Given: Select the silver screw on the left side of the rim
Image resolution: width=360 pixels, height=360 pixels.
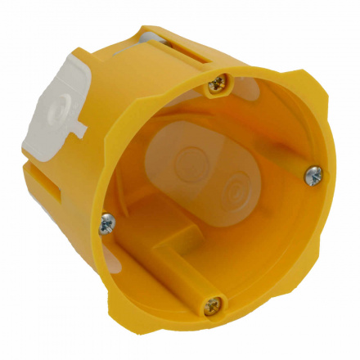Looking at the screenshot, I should pos(106,222).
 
